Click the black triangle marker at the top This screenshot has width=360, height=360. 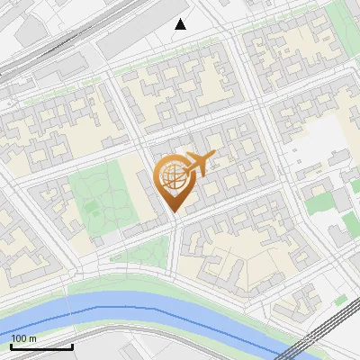[181, 24]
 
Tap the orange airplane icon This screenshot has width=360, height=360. [198, 165]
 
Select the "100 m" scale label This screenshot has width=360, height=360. [23, 338]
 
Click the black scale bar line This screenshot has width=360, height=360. [41, 346]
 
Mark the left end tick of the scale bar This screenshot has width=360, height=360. [12, 345]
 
